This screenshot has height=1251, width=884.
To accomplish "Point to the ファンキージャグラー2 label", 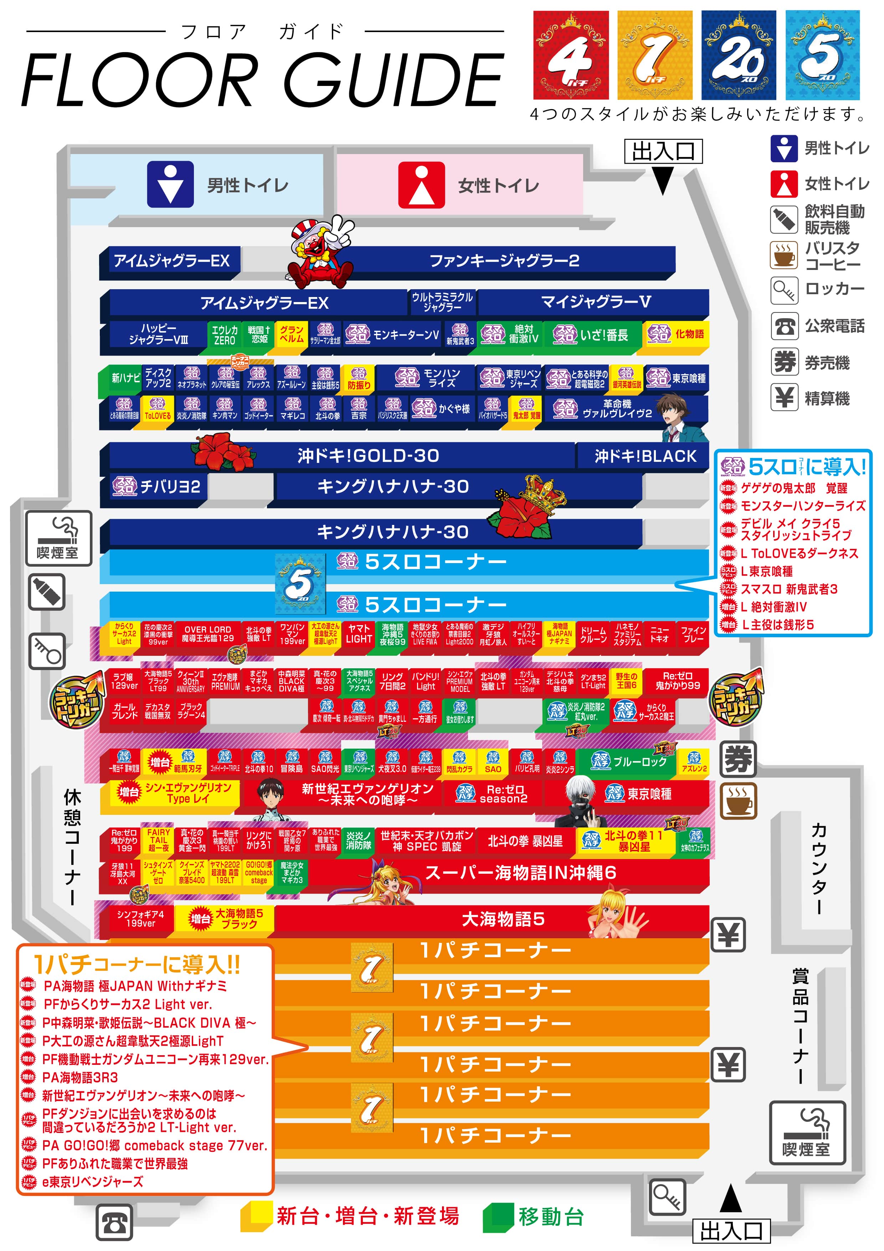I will point(504,261).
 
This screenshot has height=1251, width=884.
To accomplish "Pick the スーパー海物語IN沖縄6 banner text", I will point(520,872).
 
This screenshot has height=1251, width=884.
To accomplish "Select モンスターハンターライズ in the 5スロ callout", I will point(802,506).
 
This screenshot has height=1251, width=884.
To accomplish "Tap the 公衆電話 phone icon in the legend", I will point(784,326).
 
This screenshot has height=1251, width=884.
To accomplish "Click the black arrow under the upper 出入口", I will point(663,180).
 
